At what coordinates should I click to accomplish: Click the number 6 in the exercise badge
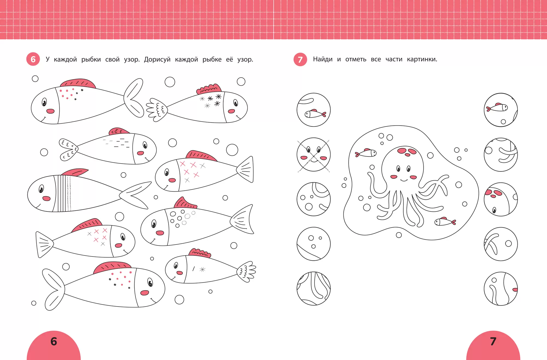[x=33, y=59]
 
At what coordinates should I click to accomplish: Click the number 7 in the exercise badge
[x=300, y=60]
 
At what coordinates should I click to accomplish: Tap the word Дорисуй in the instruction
[x=157, y=59]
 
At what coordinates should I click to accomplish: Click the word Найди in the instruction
[x=323, y=59]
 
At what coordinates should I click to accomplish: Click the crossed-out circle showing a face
[x=314, y=155]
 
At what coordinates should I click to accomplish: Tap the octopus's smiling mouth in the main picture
[x=404, y=180]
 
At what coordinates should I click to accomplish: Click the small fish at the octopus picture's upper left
[x=366, y=153]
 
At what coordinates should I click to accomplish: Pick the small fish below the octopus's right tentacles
[x=445, y=221]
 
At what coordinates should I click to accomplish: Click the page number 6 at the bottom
[x=54, y=341]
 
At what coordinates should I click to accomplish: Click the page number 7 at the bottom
[x=493, y=341]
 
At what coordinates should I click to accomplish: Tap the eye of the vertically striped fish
[x=41, y=189]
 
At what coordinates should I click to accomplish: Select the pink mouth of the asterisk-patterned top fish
[x=231, y=111]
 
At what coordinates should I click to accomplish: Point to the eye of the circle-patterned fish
[x=154, y=224]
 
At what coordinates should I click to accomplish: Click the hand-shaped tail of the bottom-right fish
[x=246, y=272]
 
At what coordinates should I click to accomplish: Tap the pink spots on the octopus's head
[x=407, y=152]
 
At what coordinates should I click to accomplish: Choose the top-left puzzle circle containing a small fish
[x=314, y=110]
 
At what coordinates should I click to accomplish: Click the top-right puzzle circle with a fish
[x=501, y=110]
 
